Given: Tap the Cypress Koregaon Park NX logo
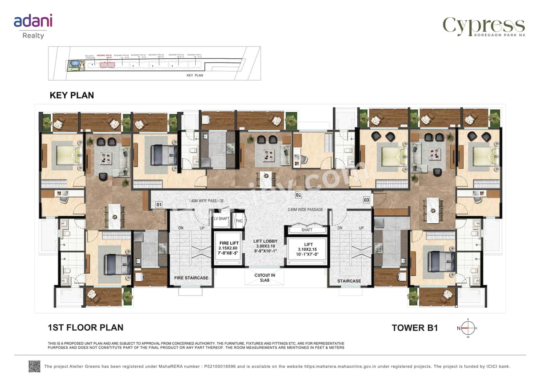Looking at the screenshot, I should pyautogui.click(x=483, y=27).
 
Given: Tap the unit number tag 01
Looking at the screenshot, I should pyautogui.click(x=159, y=205).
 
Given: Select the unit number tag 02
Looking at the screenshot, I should pyautogui.click(x=298, y=195).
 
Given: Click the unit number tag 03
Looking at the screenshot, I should pyautogui.click(x=366, y=200).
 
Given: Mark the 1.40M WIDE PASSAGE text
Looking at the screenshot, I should pyautogui.click(x=206, y=201).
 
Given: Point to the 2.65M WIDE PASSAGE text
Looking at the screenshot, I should pyautogui.click(x=305, y=209).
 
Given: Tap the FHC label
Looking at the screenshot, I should pyautogui.click(x=239, y=220).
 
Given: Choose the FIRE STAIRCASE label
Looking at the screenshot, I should pyautogui.click(x=191, y=278).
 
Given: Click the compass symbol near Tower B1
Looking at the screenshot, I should pyautogui.click(x=467, y=328).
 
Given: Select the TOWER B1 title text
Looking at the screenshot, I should pyautogui.click(x=415, y=328).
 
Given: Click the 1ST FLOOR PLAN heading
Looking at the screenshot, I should pyautogui.click(x=86, y=327).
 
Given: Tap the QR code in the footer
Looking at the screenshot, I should pyautogui.click(x=35, y=366).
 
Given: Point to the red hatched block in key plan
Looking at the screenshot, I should pyautogui.click(x=107, y=65).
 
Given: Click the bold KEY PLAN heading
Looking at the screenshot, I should pyautogui.click(x=72, y=95).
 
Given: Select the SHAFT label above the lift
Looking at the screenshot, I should pyautogui.click(x=307, y=230).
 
